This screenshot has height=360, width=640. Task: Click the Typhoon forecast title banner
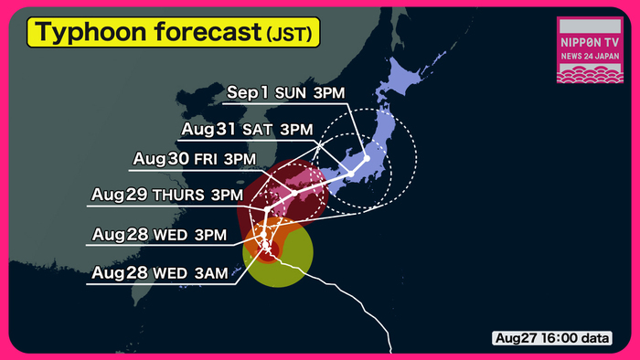(174, 33)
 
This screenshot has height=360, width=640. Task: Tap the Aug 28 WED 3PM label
(159, 235)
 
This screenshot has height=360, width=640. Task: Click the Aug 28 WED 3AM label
(158, 273)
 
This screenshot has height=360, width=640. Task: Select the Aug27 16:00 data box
(552, 338)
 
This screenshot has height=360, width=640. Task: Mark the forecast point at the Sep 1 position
(366, 158)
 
